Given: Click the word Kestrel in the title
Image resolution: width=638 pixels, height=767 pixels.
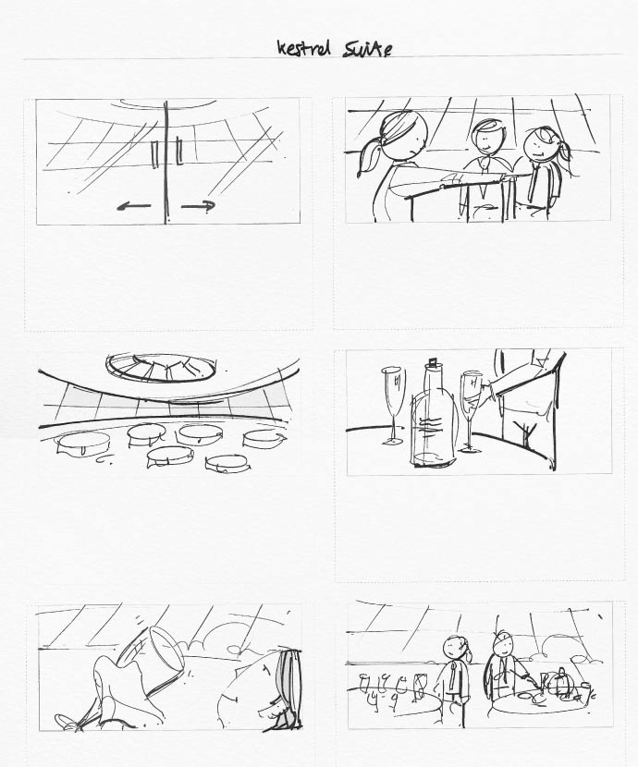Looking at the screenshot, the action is click(x=303, y=48).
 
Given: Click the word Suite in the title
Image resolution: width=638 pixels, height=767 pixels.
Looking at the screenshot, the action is click(x=367, y=49).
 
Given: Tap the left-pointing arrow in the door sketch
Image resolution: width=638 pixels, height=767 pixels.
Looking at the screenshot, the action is click(x=133, y=206).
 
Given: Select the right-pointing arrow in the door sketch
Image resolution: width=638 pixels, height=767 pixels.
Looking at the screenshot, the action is click(x=198, y=206).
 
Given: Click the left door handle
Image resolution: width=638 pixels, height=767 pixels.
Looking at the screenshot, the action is click(x=155, y=153).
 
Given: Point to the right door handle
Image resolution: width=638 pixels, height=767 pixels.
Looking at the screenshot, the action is click(x=178, y=152).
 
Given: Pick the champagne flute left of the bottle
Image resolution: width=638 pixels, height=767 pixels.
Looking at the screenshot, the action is click(x=394, y=406).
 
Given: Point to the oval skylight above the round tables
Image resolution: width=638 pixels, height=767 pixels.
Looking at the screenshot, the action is click(x=161, y=368).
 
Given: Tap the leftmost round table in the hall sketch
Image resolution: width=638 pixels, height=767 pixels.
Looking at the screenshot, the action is click(x=83, y=444).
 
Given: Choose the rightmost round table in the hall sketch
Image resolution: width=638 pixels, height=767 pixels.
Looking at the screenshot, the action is click(x=264, y=438).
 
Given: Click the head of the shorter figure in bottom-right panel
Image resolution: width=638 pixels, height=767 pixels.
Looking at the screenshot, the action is click(x=455, y=648).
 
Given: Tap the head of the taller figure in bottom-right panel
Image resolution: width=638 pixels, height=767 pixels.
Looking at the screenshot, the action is click(x=504, y=645).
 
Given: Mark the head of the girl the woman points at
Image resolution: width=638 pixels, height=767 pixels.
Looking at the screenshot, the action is click(x=541, y=143).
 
